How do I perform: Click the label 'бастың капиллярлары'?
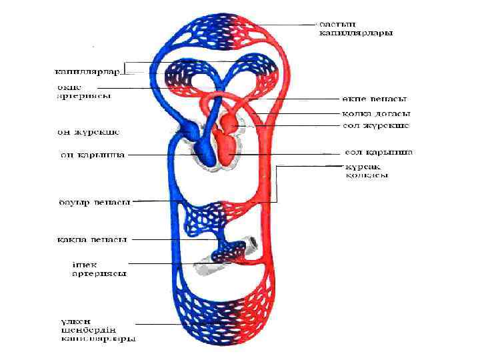[x=354, y=27]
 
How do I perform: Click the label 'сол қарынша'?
[x=378, y=152]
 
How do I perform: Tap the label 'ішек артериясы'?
[x=99, y=268]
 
